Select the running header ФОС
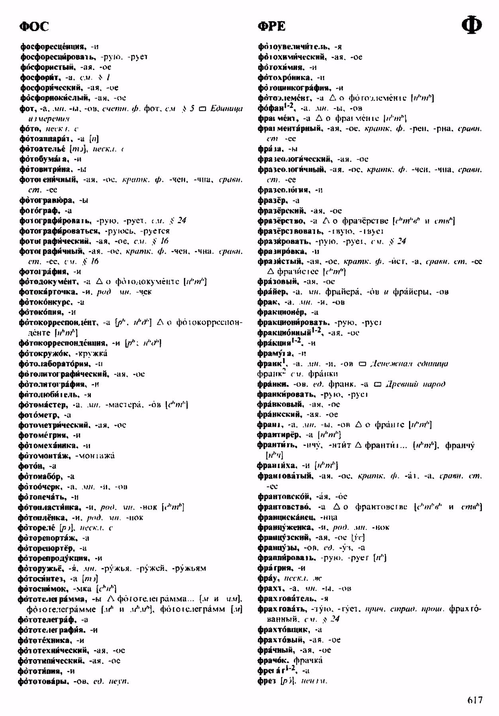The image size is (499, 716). [x=34, y=27]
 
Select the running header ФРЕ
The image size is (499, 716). [x=272, y=27]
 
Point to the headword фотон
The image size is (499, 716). [x=31, y=466]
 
